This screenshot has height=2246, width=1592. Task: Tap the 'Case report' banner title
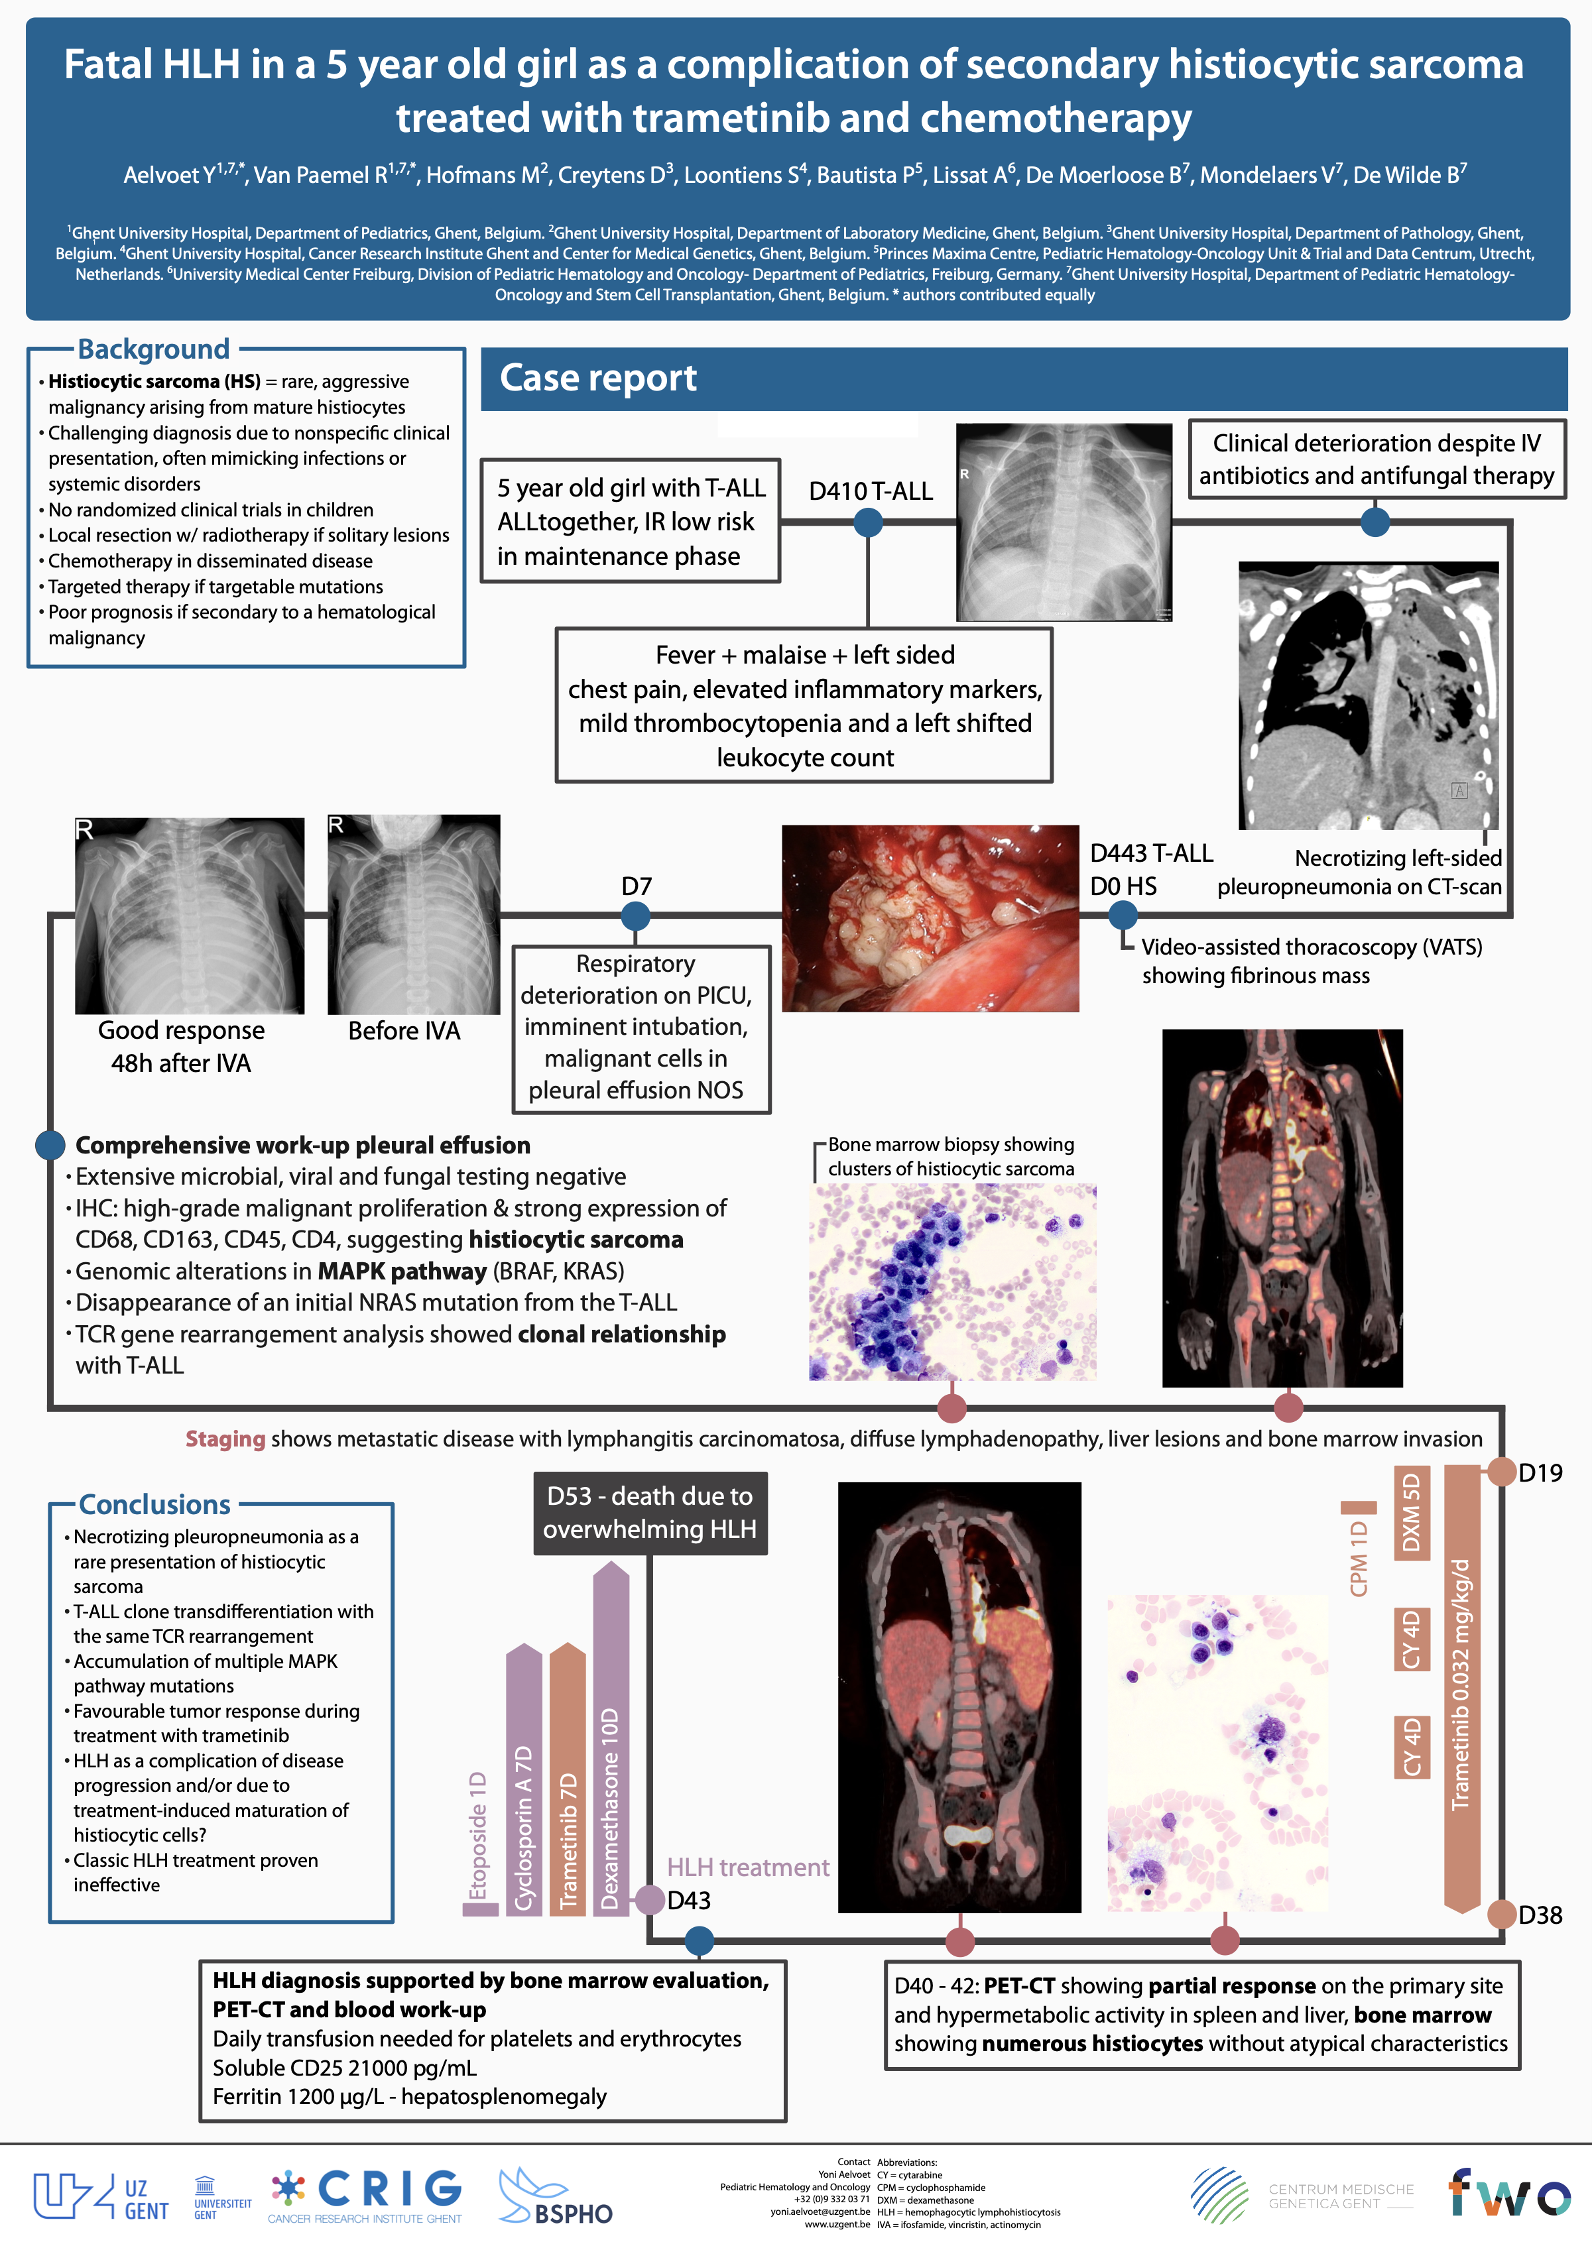point(598,379)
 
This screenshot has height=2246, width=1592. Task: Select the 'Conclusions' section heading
point(155,1504)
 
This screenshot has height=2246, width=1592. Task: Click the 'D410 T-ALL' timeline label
point(871,491)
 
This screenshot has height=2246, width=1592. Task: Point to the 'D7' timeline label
point(637,886)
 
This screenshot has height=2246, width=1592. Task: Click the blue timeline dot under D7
point(635,916)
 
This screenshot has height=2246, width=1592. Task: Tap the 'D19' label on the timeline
point(1540,1473)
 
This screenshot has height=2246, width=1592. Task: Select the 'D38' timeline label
point(1540,1915)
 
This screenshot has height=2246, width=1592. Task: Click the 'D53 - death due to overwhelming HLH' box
point(650,1513)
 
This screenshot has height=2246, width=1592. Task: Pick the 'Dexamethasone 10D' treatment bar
point(611,1744)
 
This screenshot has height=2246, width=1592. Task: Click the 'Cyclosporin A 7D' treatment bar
point(523,1783)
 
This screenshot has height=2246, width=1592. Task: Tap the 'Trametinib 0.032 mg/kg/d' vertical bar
point(1461,1685)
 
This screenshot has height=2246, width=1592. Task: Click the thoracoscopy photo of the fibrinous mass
point(930,918)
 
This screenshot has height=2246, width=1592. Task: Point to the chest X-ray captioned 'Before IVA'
point(414,914)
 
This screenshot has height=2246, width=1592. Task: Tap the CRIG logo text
point(390,2189)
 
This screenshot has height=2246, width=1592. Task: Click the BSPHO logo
point(556,2198)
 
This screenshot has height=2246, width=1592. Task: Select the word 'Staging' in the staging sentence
point(225,1439)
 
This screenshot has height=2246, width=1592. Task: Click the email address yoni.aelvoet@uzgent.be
point(820,2212)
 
